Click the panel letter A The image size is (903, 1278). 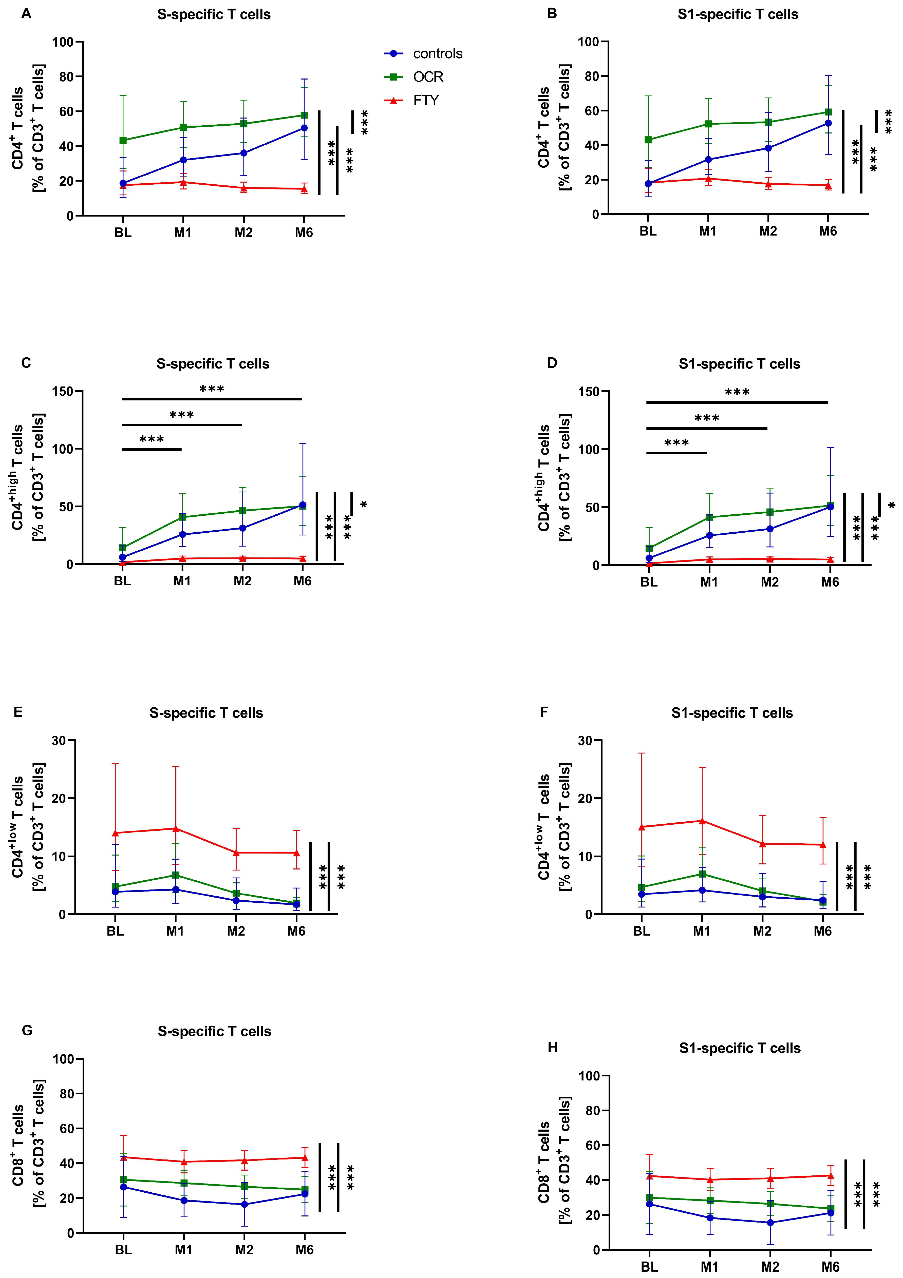(26, 14)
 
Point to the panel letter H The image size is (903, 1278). (552, 1047)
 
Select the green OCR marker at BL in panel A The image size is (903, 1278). (123, 140)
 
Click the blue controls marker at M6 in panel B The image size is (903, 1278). (828, 123)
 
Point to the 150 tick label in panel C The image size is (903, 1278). (62, 391)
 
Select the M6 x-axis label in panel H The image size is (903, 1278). (830, 1267)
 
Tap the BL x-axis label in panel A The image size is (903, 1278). (123, 233)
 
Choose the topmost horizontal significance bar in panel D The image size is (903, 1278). (737, 402)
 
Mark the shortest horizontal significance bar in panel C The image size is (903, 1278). (152, 449)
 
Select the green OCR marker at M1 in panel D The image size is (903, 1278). (709, 517)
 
